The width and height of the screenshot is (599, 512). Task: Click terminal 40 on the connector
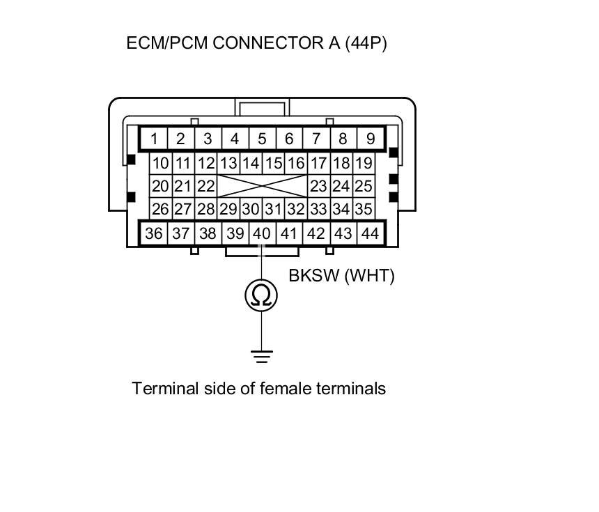click(262, 233)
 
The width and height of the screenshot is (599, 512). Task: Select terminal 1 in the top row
click(153, 139)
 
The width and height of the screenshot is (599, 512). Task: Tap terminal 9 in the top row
click(370, 139)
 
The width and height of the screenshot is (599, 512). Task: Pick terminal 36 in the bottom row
click(153, 233)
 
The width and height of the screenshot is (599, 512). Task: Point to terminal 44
click(370, 233)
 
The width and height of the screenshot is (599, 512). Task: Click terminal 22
click(205, 187)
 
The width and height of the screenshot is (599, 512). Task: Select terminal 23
click(318, 187)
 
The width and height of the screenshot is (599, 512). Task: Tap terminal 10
click(161, 164)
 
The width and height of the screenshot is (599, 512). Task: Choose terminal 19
click(363, 164)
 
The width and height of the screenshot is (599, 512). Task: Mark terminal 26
click(161, 209)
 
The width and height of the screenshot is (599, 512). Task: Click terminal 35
click(363, 209)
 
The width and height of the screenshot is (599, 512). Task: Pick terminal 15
click(274, 164)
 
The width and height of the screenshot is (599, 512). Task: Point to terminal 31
click(274, 209)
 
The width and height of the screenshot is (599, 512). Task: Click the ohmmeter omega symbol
click(261, 296)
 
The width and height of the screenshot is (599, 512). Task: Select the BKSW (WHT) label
click(341, 276)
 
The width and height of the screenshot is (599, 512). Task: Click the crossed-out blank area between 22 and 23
click(262, 187)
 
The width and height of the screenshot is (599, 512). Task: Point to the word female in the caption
click(283, 388)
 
